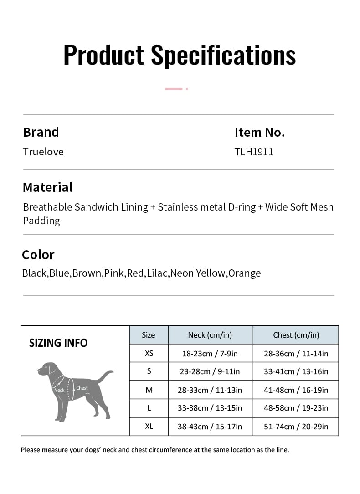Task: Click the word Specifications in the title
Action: [223, 56]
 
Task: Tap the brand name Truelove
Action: [43, 152]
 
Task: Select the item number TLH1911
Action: [254, 152]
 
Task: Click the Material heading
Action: [47, 187]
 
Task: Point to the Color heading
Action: [38, 255]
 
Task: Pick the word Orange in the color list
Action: [245, 273]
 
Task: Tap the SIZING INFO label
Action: [58, 343]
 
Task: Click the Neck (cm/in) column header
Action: [210, 335]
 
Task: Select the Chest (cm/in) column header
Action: [296, 335]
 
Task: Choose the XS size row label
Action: [149, 353]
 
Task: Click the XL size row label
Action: [149, 427]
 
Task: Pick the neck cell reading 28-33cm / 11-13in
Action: [210, 390]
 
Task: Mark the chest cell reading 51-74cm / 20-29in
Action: [296, 427]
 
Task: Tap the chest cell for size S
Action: [296, 371]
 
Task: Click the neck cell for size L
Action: [210, 408]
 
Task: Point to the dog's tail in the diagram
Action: [106, 376]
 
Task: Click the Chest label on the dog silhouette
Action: [82, 388]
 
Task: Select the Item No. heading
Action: [259, 133]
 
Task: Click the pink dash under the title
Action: [174, 89]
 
